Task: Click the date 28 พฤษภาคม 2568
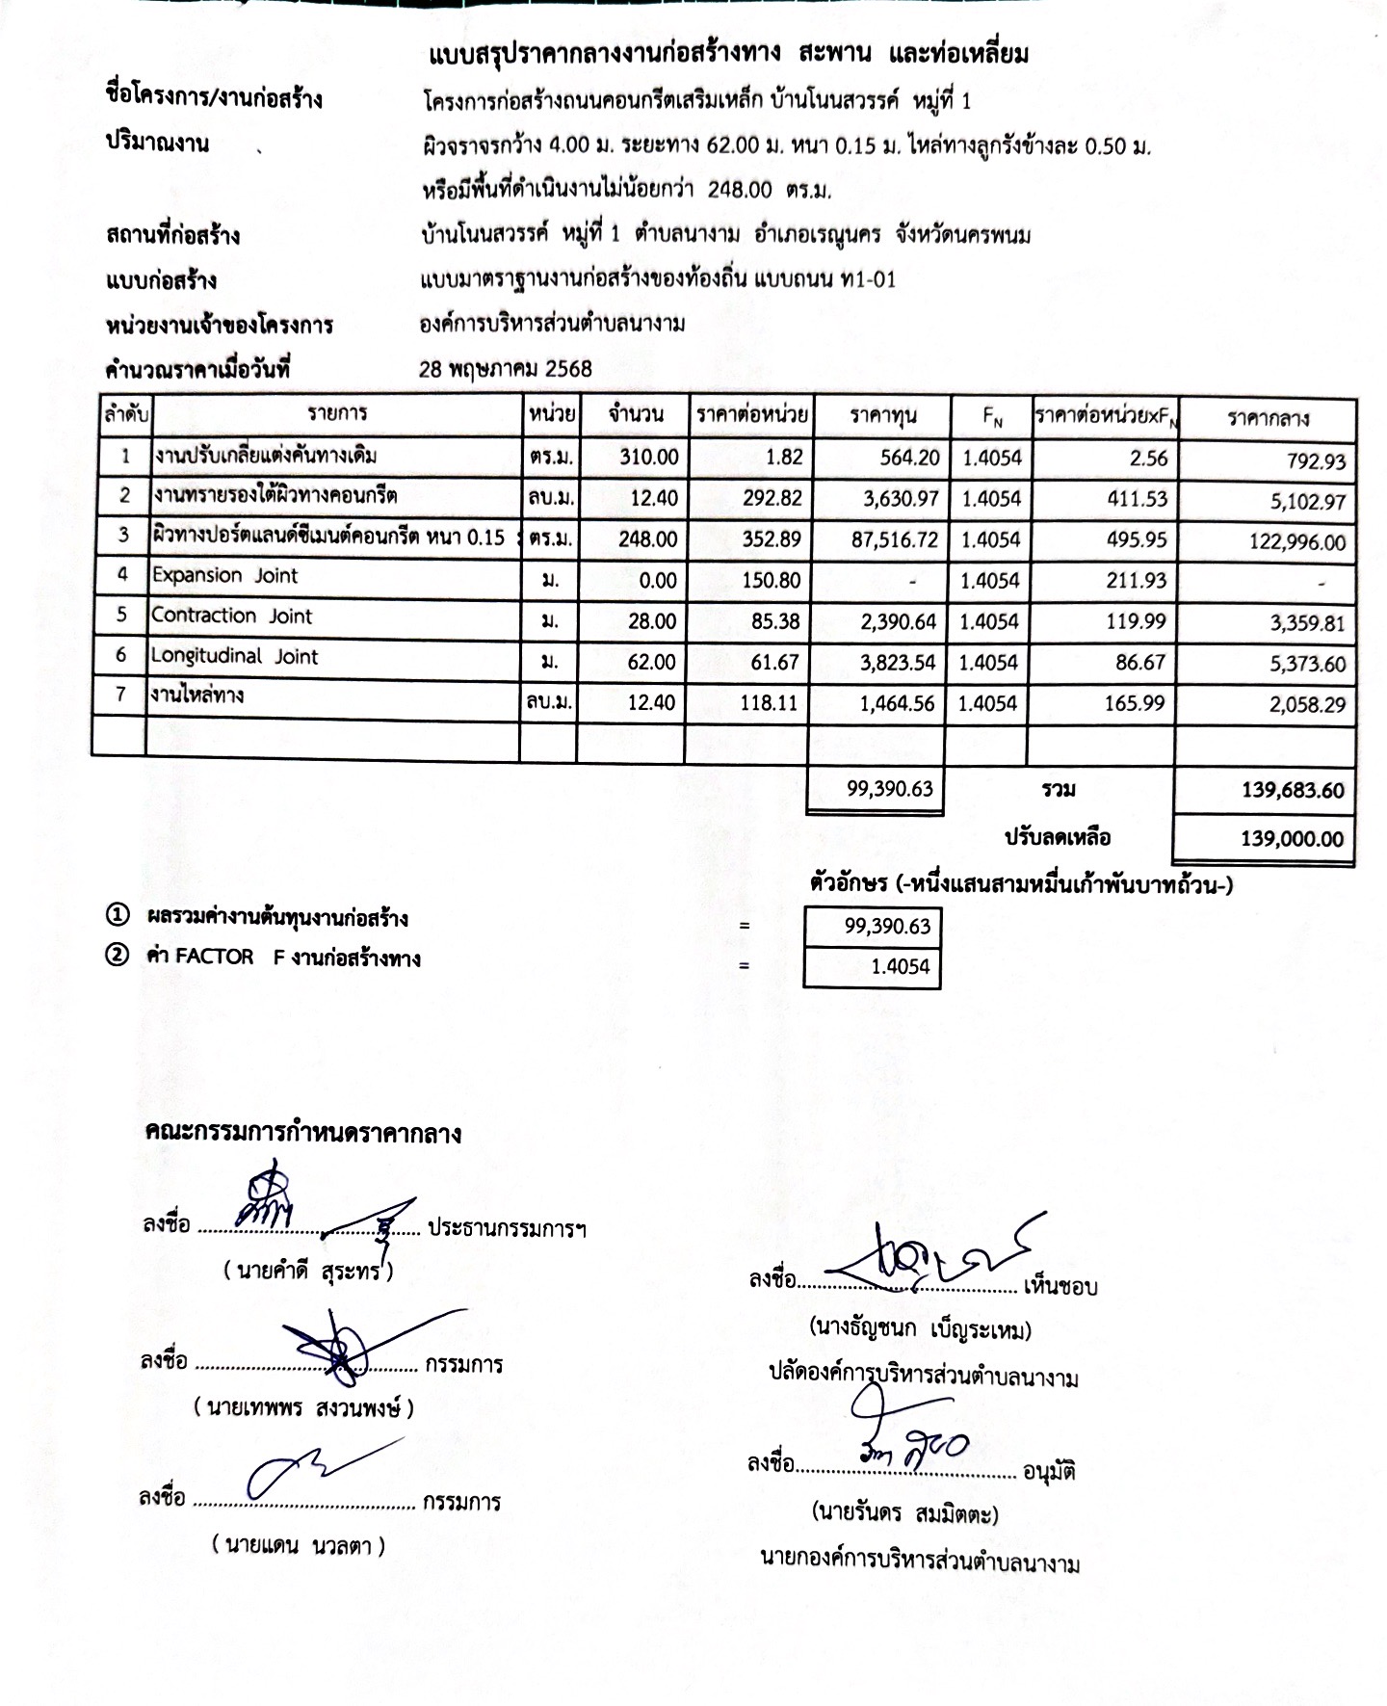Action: click(506, 369)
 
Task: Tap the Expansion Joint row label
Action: click(224, 576)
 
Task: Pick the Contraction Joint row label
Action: click(231, 617)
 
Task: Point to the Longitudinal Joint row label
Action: click(234, 657)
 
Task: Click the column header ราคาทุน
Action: click(882, 417)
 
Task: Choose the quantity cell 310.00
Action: click(649, 458)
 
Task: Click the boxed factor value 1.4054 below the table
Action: click(900, 967)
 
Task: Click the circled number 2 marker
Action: click(117, 958)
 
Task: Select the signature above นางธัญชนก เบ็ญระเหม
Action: click(925, 1254)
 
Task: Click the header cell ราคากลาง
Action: click(1268, 419)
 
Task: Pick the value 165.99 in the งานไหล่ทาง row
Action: click(1136, 703)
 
